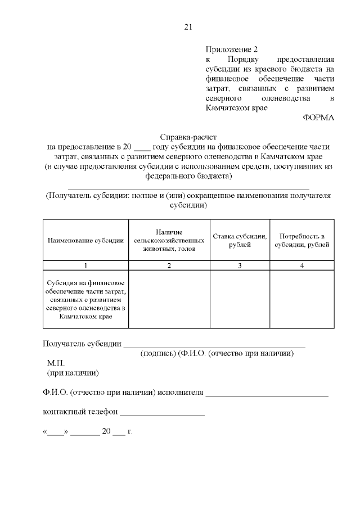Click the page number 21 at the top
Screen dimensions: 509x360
pyautogui.click(x=188, y=26)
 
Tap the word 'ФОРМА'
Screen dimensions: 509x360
pyautogui.click(x=318, y=118)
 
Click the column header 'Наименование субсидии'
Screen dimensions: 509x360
pyautogui.click(x=85, y=240)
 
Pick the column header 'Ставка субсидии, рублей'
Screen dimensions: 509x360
pyautogui.click(x=240, y=240)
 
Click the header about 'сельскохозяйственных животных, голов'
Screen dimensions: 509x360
pyautogui.click(x=169, y=240)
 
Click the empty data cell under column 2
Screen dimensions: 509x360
pyautogui.click(x=169, y=298)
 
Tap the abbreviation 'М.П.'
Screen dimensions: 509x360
pyautogui.click(x=57, y=363)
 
